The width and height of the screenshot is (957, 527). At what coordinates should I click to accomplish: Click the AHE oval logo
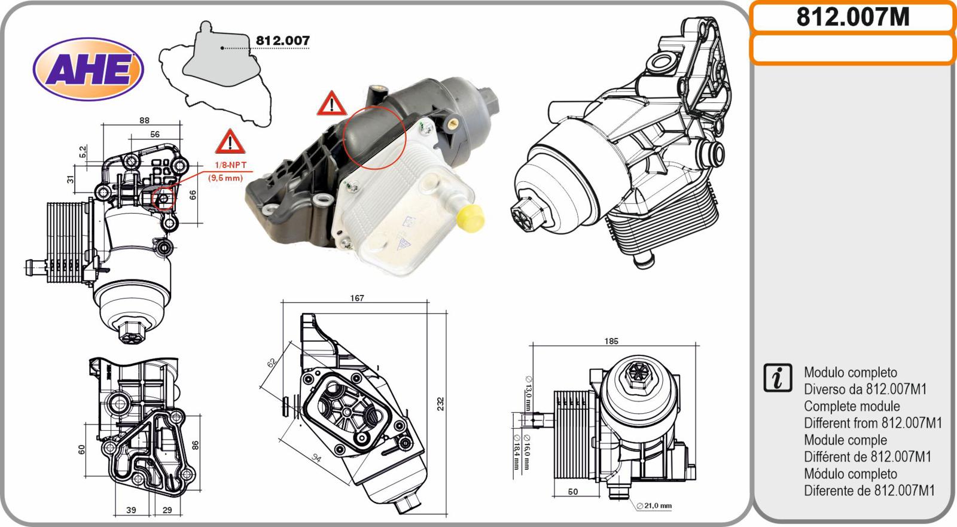89,69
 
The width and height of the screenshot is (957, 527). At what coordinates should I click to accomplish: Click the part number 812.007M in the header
853,17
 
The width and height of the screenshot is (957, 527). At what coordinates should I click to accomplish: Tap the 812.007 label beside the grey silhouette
282,41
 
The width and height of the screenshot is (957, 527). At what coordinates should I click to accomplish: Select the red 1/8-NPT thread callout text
230,165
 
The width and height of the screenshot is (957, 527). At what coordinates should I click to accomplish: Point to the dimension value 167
356,298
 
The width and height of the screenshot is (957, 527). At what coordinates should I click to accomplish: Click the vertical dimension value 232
440,404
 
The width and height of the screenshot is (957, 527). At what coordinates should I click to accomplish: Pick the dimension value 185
611,341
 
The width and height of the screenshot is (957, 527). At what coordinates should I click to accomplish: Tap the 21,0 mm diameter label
654,505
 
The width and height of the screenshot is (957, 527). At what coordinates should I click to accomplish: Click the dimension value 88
144,120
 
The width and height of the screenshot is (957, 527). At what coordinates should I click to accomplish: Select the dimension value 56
155,134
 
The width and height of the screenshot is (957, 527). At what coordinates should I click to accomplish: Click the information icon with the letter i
778,378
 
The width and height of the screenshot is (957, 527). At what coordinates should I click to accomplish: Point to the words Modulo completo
850,372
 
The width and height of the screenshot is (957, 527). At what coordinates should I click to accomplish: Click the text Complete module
852,406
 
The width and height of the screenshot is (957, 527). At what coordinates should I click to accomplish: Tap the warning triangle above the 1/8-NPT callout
230,141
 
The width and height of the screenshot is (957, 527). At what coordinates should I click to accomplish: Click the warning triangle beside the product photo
331,103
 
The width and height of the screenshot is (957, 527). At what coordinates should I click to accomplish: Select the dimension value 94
316,459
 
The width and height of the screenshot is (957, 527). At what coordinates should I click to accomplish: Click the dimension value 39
131,510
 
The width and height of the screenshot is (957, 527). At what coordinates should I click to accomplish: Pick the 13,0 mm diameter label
529,393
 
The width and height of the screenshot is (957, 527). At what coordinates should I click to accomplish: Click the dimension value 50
573,492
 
